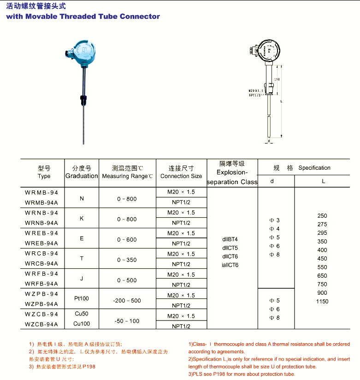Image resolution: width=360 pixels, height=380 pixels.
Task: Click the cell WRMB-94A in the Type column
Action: pyautogui.click(x=41, y=202)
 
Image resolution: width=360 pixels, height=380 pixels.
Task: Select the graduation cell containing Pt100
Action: pyautogui.click(x=82, y=298)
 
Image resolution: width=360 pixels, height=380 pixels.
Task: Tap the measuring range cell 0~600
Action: pyautogui.click(x=127, y=239)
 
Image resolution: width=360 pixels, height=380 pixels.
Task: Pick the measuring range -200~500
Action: pyautogui.click(x=127, y=301)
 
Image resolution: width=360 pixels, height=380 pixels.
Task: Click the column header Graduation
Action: pyautogui.click(x=82, y=176)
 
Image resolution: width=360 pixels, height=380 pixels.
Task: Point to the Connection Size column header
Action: pyautogui.click(x=181, y=176)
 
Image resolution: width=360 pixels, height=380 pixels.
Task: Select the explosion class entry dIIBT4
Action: pyautogui.click(x=230, y=239)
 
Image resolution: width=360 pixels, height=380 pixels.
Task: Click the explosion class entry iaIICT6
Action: pyautogui.click(x=230, y=265)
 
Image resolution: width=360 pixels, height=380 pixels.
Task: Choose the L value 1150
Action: pyautogui.click(x=322, y=302)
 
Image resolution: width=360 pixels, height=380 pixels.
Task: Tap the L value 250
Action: pyautogui.click(x=322, y=216)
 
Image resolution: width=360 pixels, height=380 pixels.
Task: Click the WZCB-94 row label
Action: pyautogui.click(x=41, y=315)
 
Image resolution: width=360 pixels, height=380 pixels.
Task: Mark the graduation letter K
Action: pyautogui.click(x=82, y=218)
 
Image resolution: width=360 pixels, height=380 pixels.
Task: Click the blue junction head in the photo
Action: pyautogui.click(x=84, y=53)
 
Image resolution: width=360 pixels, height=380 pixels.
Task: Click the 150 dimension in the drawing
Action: pyautogui.click(x=277, y=80)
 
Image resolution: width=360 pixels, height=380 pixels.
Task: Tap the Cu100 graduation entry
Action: pyautogui.click(x=82, y=324)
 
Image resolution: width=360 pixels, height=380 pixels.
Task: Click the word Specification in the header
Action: pyautogui.click(x=314, y=168)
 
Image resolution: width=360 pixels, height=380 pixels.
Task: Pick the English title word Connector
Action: pyautogui.click(x=140, y=17)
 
